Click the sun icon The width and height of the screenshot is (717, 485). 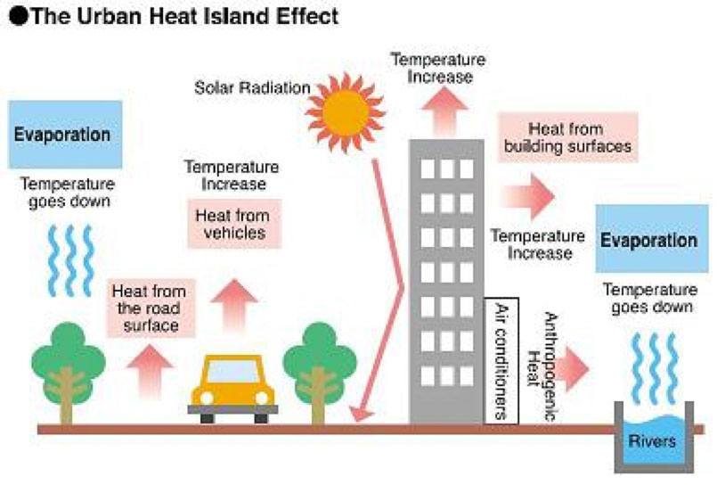346,112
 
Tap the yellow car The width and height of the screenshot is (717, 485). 233,389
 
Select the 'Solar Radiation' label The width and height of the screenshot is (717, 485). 252,87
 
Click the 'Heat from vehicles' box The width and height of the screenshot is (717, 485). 234,224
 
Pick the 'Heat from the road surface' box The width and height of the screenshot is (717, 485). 151,308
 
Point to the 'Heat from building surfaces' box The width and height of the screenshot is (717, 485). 567,137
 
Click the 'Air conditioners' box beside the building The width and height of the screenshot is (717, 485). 501,361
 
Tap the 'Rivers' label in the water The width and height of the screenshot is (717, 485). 652,441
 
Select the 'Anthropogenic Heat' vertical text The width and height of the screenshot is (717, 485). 542,366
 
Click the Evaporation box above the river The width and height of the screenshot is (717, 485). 652,239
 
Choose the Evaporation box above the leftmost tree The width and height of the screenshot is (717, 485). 65,135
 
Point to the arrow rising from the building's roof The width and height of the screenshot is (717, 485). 444,111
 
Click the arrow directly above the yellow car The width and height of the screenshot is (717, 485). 234,304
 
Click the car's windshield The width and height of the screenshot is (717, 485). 232,372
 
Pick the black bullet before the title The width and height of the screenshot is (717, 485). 19,16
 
